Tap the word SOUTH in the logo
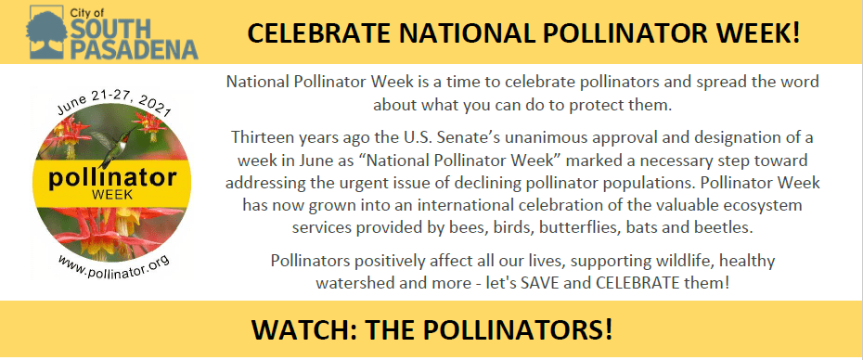tap(109, 29)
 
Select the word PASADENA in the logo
tap(135, 49)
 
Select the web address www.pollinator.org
tap(113, 266)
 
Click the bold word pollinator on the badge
tap(113, 178)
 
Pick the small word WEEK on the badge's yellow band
tap(112, 195)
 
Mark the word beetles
tap(724, 227)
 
